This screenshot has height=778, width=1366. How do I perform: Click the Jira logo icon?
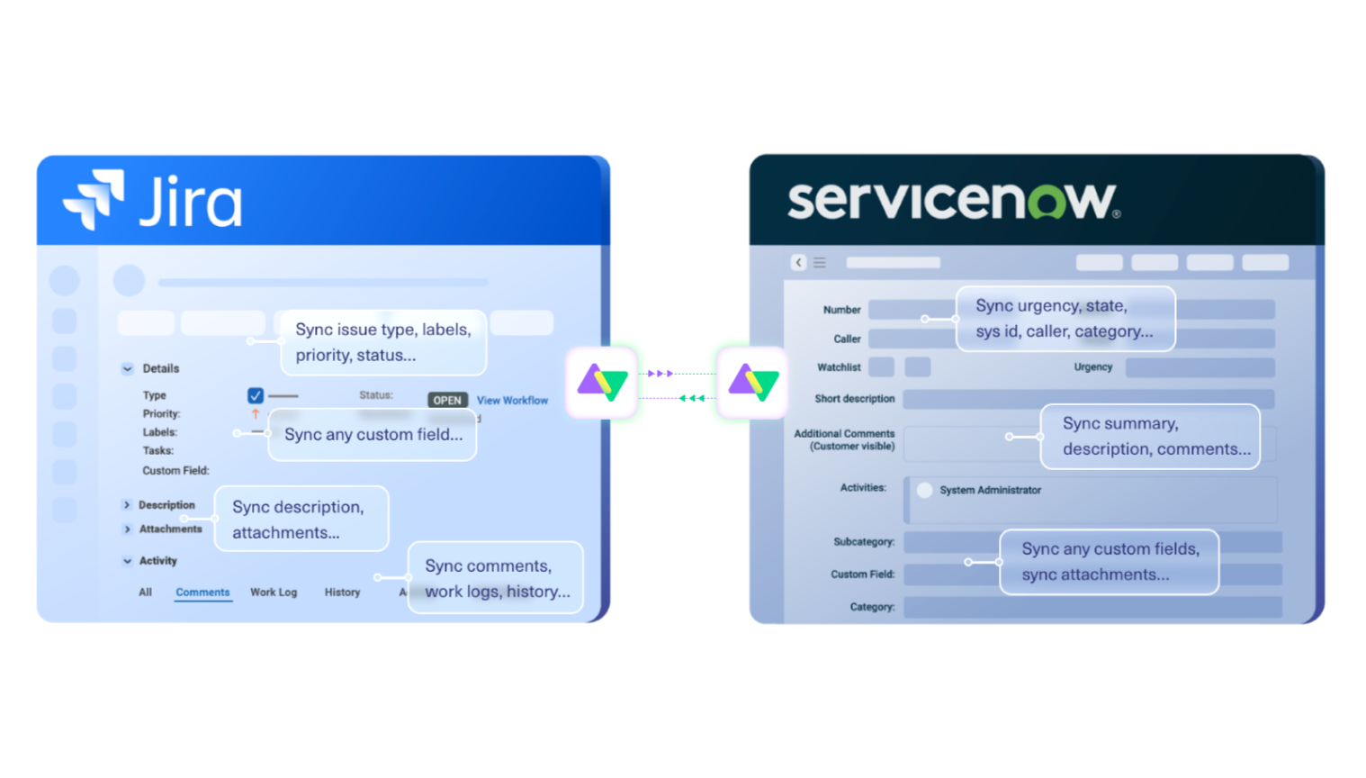(94, 199)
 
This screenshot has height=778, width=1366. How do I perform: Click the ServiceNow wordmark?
(953, 201)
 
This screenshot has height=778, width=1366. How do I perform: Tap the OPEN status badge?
(447, 400)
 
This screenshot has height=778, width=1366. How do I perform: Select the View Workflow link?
(512, 400)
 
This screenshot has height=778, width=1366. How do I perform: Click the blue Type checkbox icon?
(256, 395)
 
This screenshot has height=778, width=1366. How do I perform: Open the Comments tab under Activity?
(202, 592)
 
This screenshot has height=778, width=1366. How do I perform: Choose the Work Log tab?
(274, 592)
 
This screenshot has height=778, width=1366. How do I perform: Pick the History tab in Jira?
(342, 592)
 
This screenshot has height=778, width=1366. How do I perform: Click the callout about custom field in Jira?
(373, 434)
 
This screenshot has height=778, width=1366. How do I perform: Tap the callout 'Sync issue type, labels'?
(382, 342)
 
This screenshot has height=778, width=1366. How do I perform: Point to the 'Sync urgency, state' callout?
(1065, 319)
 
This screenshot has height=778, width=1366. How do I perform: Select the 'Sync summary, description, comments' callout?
(1150, 436)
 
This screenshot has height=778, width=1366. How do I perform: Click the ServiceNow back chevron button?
(798, 262)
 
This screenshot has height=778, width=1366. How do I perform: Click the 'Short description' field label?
(854, 398)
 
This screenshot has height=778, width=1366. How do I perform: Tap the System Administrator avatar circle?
(924, 490)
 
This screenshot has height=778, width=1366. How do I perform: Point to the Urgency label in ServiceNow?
(1092, 366)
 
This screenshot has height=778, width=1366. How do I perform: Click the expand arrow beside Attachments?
(127, 529)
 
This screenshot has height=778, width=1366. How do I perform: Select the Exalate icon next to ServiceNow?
(753, 383)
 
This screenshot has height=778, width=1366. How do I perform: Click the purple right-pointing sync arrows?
(661, 373)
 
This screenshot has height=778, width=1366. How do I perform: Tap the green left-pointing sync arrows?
(691, 397)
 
